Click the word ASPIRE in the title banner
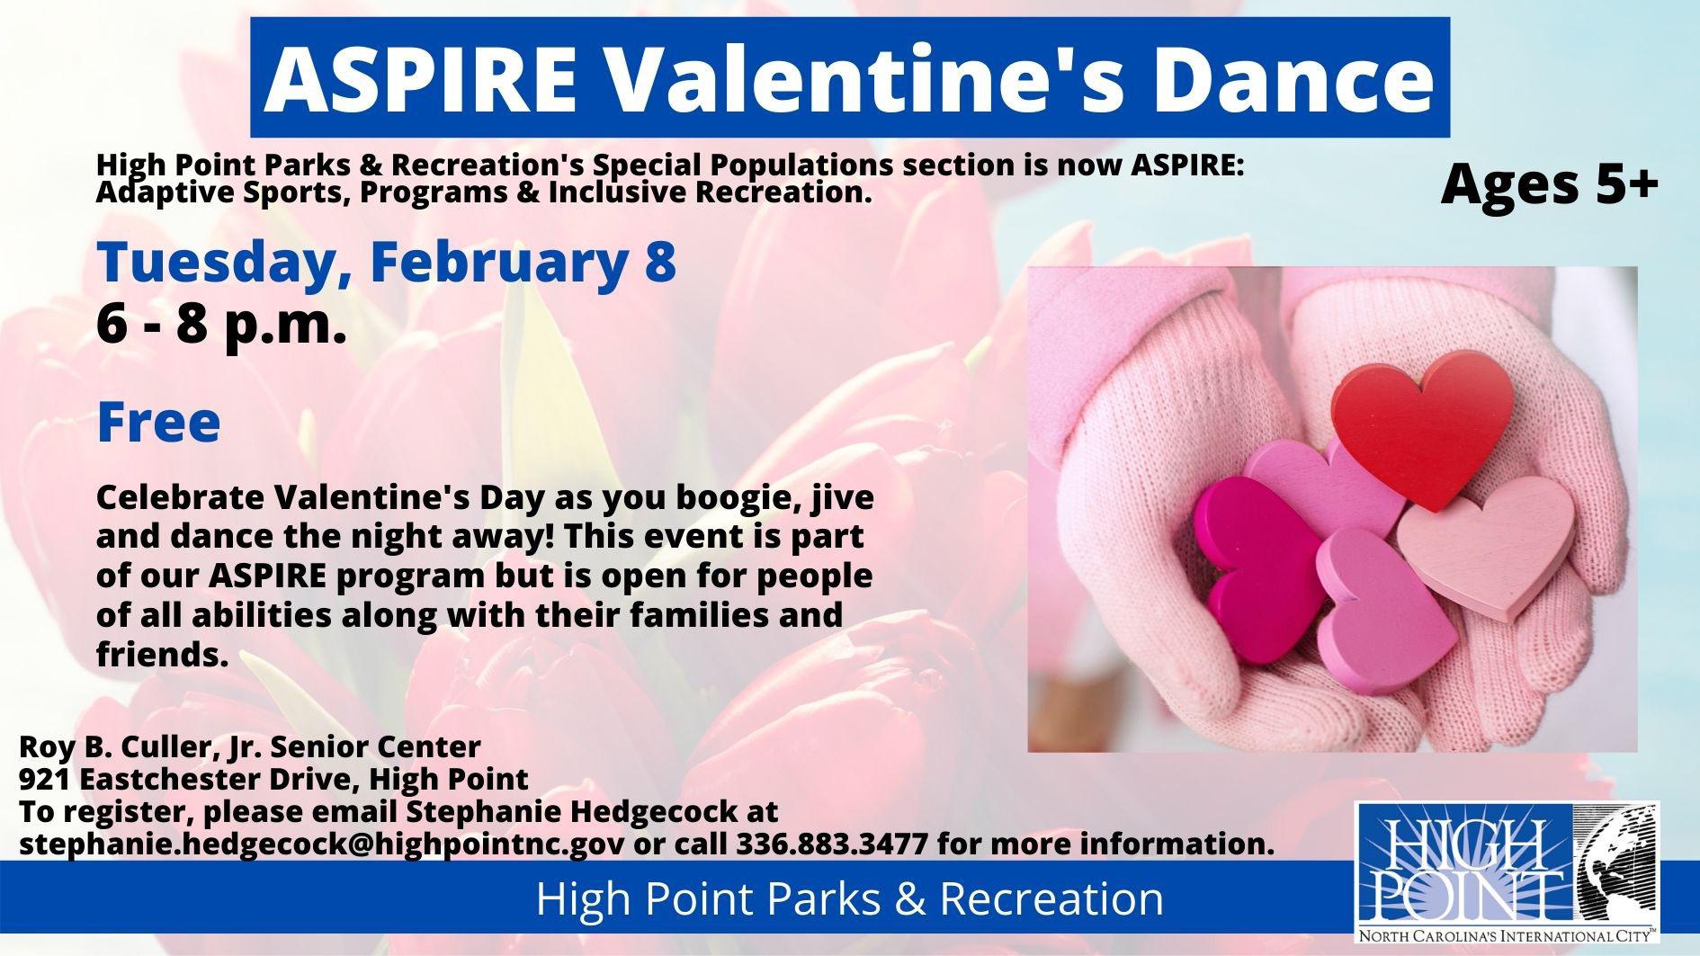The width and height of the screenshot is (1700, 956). [416, 77]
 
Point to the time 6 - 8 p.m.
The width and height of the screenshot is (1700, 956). [221, 326]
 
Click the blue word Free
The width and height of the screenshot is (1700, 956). [158, 421]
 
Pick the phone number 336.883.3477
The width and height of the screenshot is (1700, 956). [832, 844]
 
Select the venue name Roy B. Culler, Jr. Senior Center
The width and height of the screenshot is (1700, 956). [250, 746]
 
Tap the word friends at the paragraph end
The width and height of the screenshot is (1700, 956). [158, 655]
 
